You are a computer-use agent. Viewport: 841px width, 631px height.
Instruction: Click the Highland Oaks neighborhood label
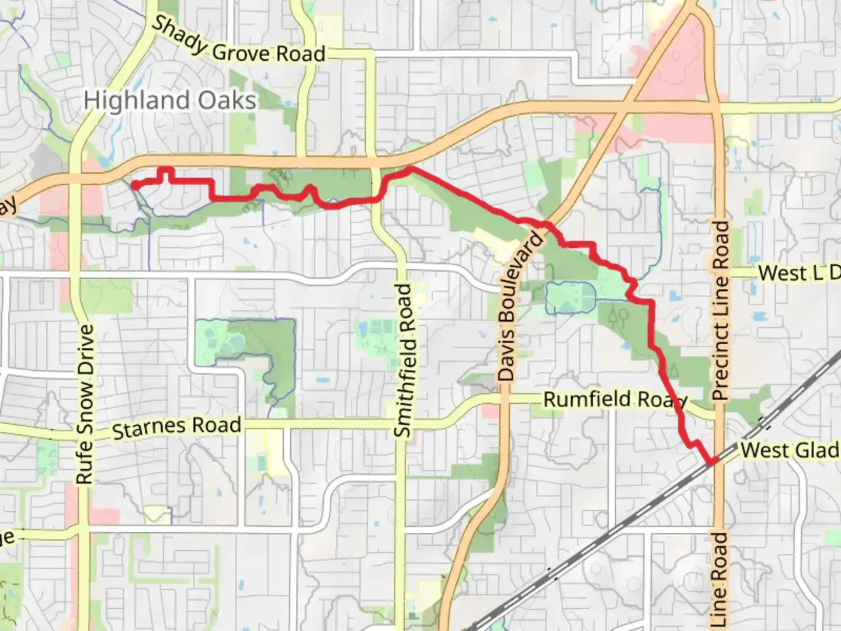pos(170,100)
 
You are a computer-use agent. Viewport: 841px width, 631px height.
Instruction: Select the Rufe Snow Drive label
pos(85,404)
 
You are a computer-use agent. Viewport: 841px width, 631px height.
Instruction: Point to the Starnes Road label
pos(176,427)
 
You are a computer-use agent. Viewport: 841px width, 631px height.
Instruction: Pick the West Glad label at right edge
pos(790,450)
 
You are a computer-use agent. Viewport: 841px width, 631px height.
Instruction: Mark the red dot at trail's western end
pos(134,185)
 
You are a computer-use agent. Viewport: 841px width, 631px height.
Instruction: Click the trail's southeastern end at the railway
pos(712,462)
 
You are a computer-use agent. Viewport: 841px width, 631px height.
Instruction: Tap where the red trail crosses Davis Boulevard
pos(547,224)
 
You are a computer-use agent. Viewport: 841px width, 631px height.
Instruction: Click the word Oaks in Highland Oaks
pos(227,100)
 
